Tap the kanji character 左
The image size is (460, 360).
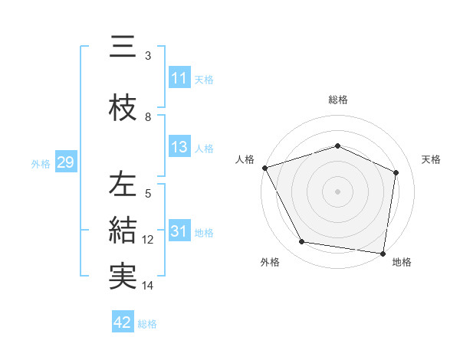(123, 185)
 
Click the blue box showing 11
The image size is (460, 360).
(179, 78)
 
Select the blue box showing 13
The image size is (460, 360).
(179, 147)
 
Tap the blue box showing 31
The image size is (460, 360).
(179, 231)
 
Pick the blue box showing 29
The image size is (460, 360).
(65, 162)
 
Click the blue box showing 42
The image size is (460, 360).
(123, 322)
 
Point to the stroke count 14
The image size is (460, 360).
(148, 286)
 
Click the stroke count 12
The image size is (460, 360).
(148, 240)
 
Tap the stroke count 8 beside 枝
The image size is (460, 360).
(148, 117)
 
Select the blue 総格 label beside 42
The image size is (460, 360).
(147, 323)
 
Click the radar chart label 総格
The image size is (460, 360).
(337, 100)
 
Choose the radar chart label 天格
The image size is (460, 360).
(432, 159)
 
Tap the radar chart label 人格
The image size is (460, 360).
(245, 159)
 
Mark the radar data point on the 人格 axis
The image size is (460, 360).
(264, 168)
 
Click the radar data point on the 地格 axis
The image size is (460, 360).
(383, 253)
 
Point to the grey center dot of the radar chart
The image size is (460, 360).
(337, 191)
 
